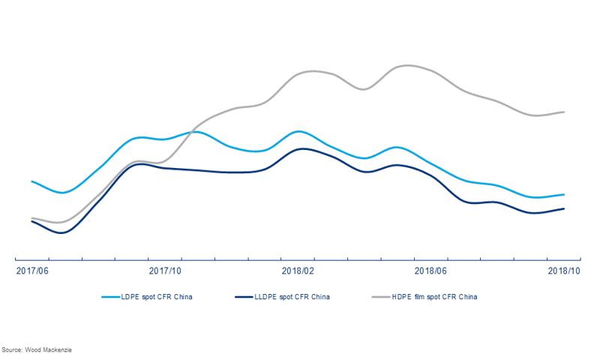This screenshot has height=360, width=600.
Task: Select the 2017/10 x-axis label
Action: tap(165, 271)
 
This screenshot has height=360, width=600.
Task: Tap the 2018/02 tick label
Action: tap(298, 271)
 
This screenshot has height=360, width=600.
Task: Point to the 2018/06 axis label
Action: tap(430, 271)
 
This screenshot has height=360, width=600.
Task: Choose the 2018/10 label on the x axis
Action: tap(563, 271)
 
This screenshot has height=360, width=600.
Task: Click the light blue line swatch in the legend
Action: tap(110, 297)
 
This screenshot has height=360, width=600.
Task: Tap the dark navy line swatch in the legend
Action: tap(244, 297)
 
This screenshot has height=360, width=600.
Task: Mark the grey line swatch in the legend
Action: tap(381, 297)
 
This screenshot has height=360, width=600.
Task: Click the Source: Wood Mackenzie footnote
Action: tap(37, 350)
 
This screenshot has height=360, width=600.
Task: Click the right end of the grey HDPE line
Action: tap(564, 112)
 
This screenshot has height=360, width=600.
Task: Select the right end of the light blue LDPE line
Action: tap(564, 194)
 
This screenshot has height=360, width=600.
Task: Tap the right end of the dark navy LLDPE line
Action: tap(564, 208)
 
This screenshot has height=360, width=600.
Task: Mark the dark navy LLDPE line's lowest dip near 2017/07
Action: tap(61, 233)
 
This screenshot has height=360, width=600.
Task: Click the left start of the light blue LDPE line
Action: tap(31, 181)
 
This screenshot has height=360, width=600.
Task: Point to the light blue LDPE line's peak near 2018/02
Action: tap(298, 131)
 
